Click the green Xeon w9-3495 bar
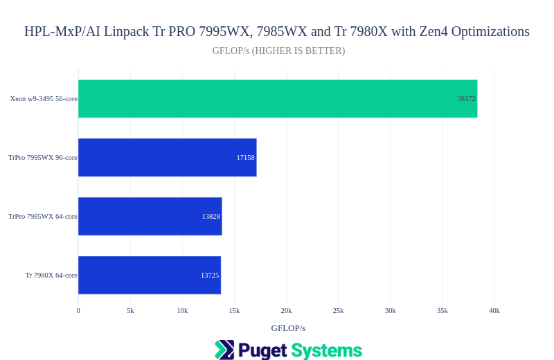click(x=277, y=98)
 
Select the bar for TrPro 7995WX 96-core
click(x=166, y=157)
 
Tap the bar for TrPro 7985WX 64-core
click(x=149, y=216)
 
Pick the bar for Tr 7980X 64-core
click(x=149, y=275)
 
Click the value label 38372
click(x=466, y=99)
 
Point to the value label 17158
click(x=245, y=158)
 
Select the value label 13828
click(x=211, y=217)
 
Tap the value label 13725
click(x=210, y=276)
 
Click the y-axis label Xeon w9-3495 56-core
click(x=44, y=99)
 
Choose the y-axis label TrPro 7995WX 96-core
click(x=43, y=158)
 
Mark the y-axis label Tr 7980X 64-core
click(x=51, y=276)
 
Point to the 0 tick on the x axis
click(x=78, y=311)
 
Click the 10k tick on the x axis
click(x=182, y=311)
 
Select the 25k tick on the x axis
click(x=338, y=311)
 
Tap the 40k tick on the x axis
click(x=494, y=311)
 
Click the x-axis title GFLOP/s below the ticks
click(x=288, y=328)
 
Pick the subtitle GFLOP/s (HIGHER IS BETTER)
click(x=278, y=51)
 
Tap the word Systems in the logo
click(x=326, y=350)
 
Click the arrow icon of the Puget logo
click(x=224, y=350)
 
